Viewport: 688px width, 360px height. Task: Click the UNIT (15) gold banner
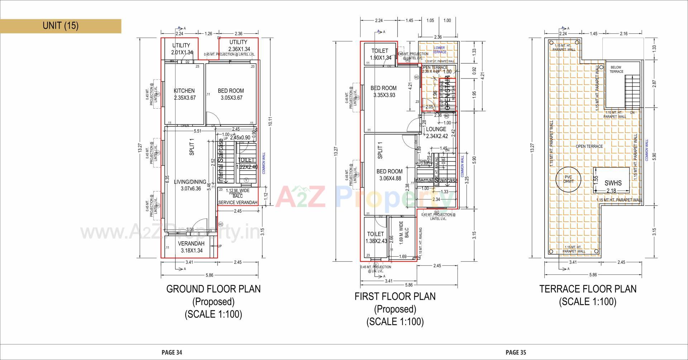60,26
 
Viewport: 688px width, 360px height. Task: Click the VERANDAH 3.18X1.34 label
191,247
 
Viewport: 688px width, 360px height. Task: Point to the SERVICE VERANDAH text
238,203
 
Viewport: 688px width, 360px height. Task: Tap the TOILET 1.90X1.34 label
380,54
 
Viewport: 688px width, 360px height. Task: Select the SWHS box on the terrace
613,183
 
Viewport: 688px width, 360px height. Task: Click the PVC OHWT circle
568,179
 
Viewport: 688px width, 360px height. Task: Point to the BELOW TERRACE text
616,70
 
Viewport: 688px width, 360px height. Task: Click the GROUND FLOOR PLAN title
213,289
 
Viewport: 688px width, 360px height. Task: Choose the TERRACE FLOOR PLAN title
588,289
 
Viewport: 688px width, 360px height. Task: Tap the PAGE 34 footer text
172,352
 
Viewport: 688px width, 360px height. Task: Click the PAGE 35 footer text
516,352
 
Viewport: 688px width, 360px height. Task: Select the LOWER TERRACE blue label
439,50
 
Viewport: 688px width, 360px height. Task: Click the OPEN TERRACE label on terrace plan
589,146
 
